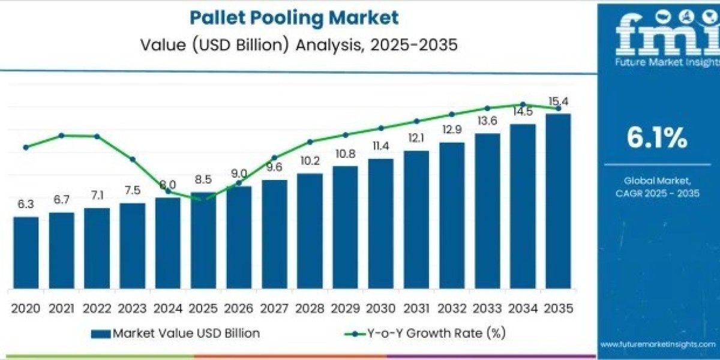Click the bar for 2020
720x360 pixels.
pos(26,252)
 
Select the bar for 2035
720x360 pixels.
pos(558,200)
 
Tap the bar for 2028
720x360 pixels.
pos(310,230)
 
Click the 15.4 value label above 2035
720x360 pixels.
pos(558,101)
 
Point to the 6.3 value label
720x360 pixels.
pos(25,205)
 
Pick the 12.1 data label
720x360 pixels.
pos(416,138)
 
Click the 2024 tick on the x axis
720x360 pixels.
pos(168,308)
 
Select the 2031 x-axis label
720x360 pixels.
pos(416,308)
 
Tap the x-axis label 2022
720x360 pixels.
pos(97,308)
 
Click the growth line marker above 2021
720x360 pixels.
pos(61,136)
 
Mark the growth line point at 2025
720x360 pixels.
pos(203,199)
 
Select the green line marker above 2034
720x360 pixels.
pos(523,104)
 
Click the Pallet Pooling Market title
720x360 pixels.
pos(294,17)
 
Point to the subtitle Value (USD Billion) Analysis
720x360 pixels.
pos(294,45)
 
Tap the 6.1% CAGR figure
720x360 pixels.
pos(657,139)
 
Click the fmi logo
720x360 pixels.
pos(659,39)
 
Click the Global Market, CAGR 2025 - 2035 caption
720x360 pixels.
pos(657,187)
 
